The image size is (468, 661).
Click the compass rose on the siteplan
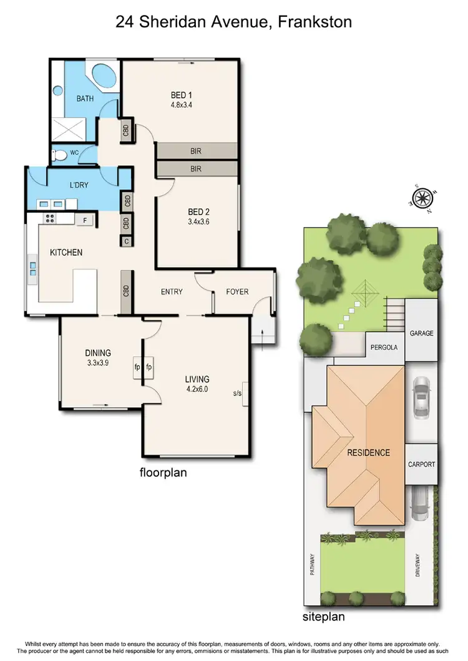tap(422, 198)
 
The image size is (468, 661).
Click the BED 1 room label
tap(182, 95)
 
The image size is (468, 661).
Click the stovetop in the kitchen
tap(48, 219)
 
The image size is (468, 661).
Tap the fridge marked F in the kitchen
tap(85, 220)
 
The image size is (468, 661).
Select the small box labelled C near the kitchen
tap(126, 240)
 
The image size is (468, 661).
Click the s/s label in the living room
tap(237, 393)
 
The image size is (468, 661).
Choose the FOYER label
tap(237, 291)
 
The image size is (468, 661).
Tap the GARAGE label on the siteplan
tap(421, 334)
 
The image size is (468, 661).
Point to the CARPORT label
tap(421, 465)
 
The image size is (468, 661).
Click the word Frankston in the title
tap(316, 22)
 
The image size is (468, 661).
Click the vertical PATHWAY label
tap(313, 565)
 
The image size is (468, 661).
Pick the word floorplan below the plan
tap(163, 473)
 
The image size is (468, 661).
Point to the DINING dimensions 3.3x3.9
tap(97, 363)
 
